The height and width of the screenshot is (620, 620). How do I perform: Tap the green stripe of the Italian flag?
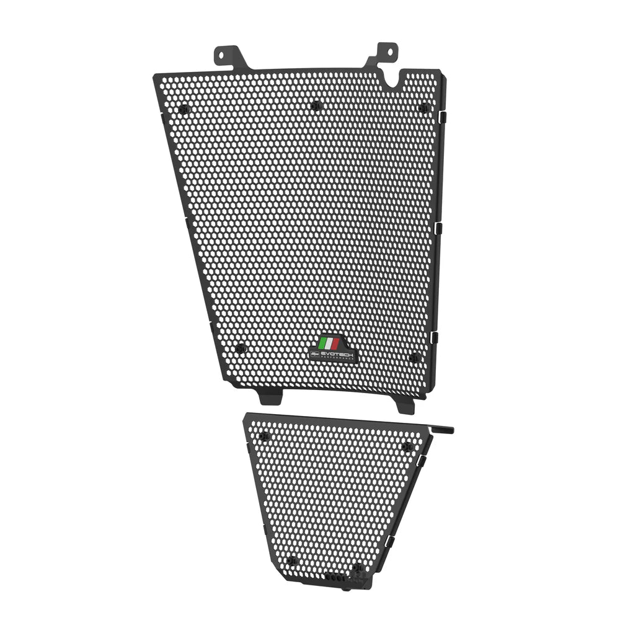pos(322,343)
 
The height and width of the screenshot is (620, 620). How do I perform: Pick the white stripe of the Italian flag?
pos(328,343)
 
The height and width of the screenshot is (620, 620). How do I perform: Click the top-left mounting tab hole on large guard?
pos(223,55)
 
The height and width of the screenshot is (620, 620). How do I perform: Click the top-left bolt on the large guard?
pos(184,109)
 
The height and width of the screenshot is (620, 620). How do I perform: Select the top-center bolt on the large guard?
pos(316,105)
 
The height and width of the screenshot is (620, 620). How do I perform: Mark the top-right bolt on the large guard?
pos(423,108)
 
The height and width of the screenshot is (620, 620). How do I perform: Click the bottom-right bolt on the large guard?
pos(414,358)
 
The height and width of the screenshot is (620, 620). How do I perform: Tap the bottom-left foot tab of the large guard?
pos(270,394)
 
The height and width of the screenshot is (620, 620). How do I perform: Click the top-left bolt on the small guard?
pos(265,436)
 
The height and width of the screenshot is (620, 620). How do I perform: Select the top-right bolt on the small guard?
pos(407,447)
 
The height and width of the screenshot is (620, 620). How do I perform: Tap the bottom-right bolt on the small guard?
pos(357,567)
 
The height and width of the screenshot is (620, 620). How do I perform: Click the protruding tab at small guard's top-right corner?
pos(443,430)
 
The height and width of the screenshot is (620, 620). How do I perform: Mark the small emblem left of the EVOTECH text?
pos(314,354)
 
